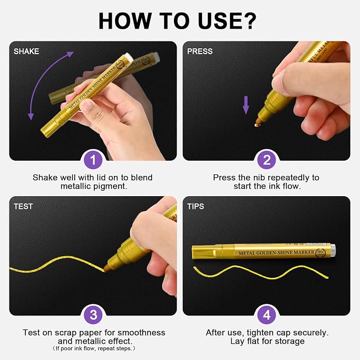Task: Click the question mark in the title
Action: click(x=249, y=21)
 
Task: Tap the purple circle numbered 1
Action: click(x=93, y=160)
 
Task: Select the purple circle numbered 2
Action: click(x=267, y=160)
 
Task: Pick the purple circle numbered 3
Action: click(x=93, y=315)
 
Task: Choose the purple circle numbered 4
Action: click(x=267, y=315)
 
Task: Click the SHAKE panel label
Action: click(x=26, y=51)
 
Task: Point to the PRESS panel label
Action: click(x=200, y=51)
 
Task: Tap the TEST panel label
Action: click(x=23, y=206)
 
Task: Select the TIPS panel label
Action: click(x=196, y=206)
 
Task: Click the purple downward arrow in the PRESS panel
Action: click(x=246, y=105)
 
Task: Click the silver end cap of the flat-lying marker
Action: click(x=333, y=250)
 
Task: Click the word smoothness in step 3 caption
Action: click(x=142, y=332)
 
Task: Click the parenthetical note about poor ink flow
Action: click(x=94, y=348)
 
